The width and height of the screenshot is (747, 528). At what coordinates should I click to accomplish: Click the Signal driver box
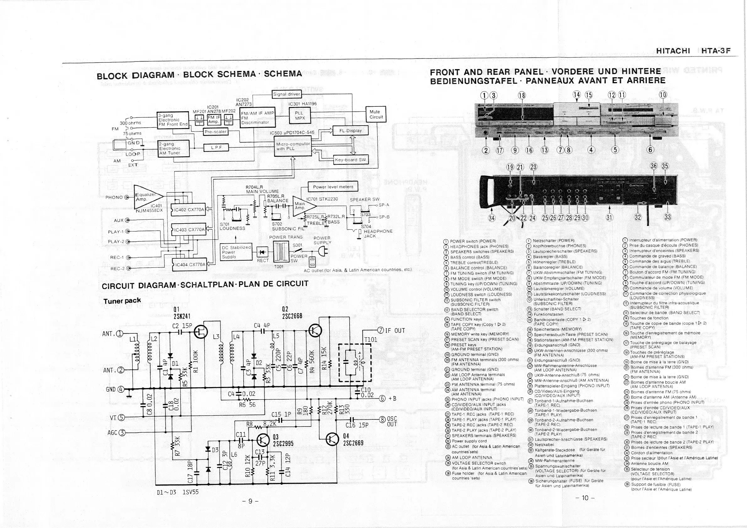(x=287, y=94)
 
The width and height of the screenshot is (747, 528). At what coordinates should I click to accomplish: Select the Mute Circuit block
(x=376, y=114)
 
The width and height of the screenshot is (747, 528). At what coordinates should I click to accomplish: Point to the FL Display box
(x=350, y=131)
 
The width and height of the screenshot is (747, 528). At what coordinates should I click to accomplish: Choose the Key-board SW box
(x=351, y=160)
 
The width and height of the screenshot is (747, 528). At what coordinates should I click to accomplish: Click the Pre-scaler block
(x=215, y=132)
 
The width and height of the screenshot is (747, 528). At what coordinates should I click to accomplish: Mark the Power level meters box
(x=332, y=187)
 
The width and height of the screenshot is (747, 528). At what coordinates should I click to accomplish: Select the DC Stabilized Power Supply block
(x=236, y=252)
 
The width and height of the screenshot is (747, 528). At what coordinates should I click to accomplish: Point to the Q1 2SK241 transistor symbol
(x=201, y=331)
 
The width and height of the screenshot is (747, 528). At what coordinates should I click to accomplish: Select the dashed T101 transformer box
(x=355, y=362)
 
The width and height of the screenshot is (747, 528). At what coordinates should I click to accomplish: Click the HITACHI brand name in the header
(x=673, y=51)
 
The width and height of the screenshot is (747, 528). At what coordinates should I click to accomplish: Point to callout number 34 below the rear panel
(x=492, y=218)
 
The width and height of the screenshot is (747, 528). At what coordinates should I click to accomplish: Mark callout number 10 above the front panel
(x=663, y=95)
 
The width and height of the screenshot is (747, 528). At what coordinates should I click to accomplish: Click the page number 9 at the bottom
(x=250, y=501)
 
